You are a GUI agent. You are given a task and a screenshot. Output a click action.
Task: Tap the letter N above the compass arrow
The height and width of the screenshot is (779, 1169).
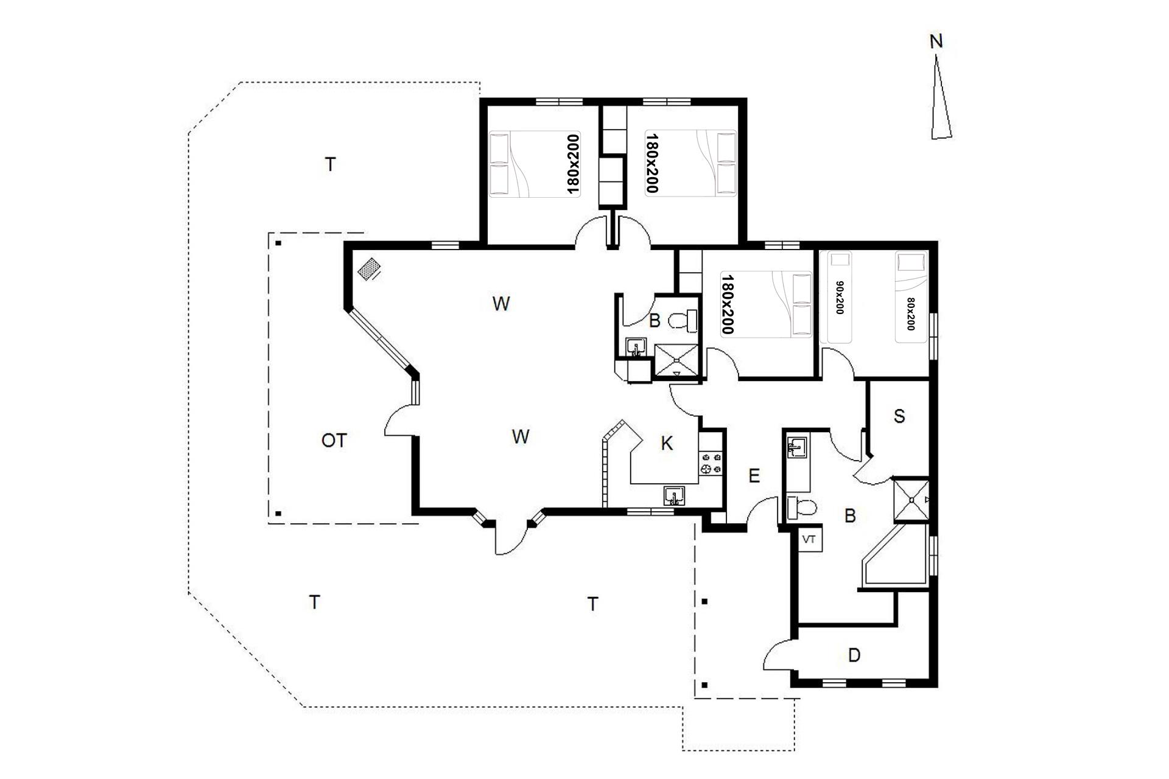pyautogui.click(x=936, y=41)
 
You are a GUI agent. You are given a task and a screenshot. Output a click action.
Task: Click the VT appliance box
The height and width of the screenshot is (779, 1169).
pyautogui.click(x=809, y=539)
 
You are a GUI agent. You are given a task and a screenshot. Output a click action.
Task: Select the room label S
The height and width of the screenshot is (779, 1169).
pyautogui.click(x=899, y=416)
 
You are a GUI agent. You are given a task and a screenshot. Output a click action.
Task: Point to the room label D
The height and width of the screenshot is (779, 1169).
pyautogui.click(x=854, y=655)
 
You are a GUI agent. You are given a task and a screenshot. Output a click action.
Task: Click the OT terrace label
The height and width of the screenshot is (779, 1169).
pyautogui.click(x=334, y=440)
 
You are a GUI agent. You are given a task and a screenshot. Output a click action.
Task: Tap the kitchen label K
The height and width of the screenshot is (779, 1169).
pyautogui.click(x=667, y=444)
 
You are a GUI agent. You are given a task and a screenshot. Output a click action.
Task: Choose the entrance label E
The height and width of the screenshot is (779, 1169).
pyautogui.click(x=754, y=476)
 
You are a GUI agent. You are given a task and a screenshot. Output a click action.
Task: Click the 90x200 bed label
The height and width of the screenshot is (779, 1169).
pyautogui.click(x=840, y=298)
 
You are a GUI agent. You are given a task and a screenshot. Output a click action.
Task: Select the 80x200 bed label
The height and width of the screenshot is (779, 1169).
pyautogui.click(x=911, y=314)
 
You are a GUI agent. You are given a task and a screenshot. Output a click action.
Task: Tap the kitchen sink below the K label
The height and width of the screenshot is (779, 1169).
pyautogui.click(x=675, y=495)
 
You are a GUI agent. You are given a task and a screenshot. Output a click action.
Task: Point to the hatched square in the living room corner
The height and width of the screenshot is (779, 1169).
pyautogui.click(x=368, y=270)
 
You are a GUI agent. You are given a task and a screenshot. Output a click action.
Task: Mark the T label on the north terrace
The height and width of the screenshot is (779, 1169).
pyautogui.click(x=330, y=164)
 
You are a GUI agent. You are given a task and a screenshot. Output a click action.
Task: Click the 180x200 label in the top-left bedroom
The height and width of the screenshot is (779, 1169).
pyautogui.click(x=573, y=164)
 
